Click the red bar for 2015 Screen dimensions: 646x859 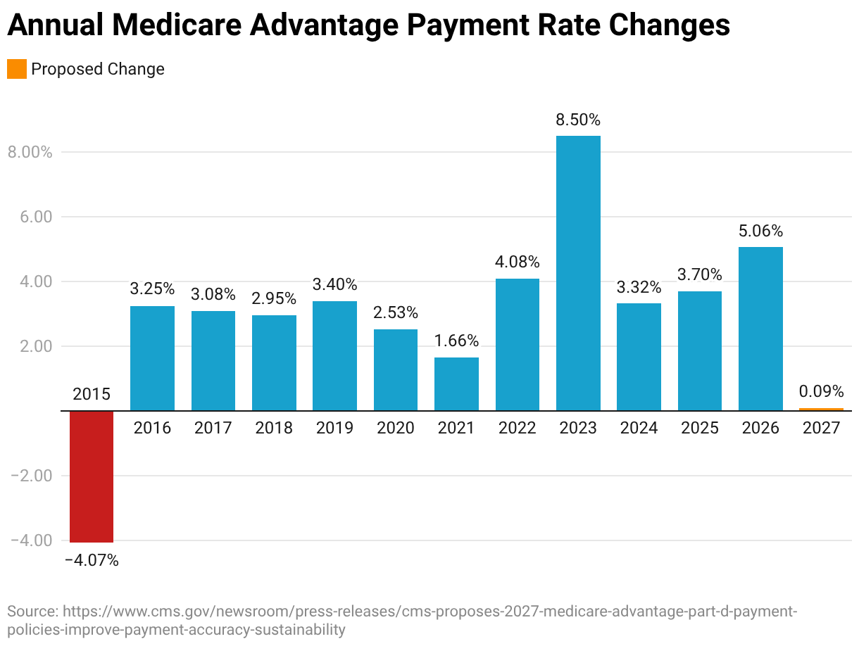92,476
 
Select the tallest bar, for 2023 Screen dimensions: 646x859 578,273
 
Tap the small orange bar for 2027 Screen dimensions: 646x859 821,409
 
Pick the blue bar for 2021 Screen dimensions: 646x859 456,384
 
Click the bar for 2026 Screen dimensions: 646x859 760,329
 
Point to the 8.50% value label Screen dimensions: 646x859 578,120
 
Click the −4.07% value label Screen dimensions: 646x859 92,561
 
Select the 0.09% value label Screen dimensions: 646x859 821,391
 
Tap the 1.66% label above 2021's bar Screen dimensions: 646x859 456,341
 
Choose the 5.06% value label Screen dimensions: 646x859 760,231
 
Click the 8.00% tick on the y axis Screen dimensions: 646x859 30,152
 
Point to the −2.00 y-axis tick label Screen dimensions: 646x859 31,476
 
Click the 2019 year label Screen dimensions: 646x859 334,428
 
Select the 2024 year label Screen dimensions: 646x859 639,428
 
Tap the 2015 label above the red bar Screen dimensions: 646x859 92,394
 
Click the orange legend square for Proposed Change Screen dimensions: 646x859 17,69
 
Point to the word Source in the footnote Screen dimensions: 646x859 31,610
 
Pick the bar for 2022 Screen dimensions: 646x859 518,345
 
